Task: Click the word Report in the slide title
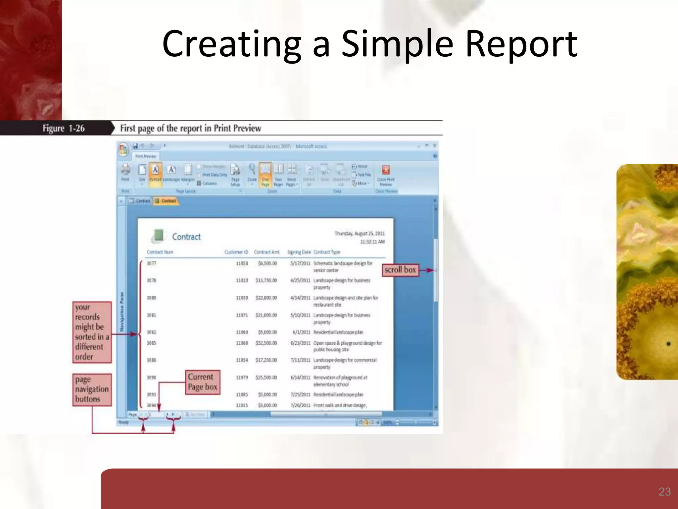(521, 44)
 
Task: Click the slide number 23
(664, 491)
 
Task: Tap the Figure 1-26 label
(63, 128)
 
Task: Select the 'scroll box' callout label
(400, 270)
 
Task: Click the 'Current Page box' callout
(202, 382)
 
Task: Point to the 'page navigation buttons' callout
(92, 389)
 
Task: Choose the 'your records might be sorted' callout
(92, 332)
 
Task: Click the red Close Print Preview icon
(386, 170)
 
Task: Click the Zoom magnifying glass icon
(252, 170)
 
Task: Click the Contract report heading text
(186, 237)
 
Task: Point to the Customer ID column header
(236, 252)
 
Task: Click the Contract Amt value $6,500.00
(267, 263)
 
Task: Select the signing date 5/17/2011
(300, 263)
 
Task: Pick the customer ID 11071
(242, 315)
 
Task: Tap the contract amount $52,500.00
(266, 343)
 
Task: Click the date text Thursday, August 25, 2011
(360, 234)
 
